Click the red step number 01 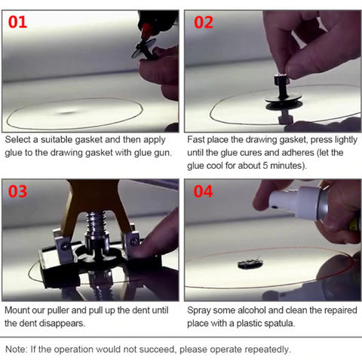tap(17, 22)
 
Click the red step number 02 tap(204, 23)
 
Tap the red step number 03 tap(17, 191)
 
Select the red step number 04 tap(203, 191)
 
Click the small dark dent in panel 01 tap(67, 112)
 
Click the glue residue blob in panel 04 tap(250, 263)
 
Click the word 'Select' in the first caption tap(17, 139)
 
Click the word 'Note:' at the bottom tap(17, 349)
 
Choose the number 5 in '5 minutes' tap(265, 166)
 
